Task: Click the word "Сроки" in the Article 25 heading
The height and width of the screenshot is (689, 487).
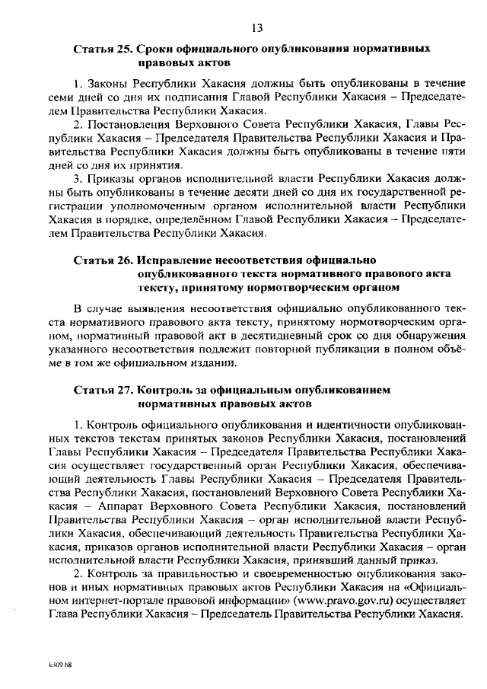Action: (152, 49)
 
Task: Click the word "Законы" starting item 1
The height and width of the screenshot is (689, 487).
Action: (107, 83)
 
